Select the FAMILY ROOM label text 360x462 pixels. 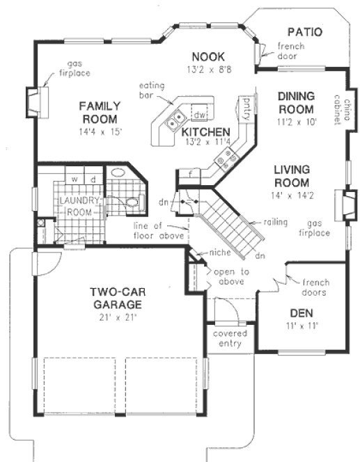click(x=100, y=111)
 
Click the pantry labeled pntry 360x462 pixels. click(x=246, y=104)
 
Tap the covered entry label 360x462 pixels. click(x=230, y=338)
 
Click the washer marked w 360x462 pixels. click(x=73, y=180)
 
